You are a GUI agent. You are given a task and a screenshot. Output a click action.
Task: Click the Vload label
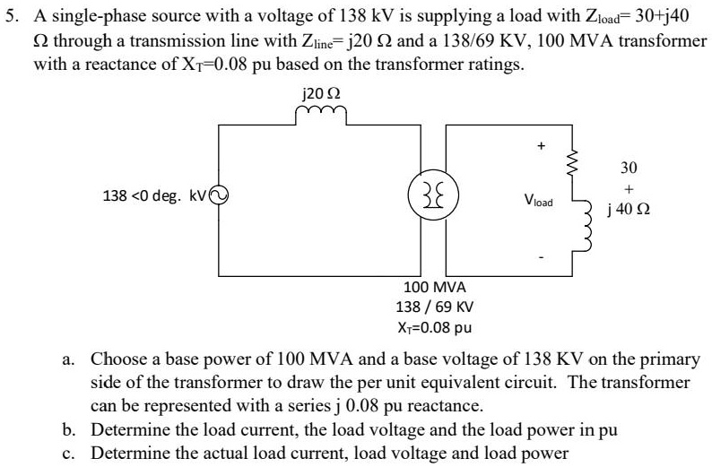tap(541, 203)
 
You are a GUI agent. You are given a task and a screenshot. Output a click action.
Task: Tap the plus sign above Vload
tap(540, 143)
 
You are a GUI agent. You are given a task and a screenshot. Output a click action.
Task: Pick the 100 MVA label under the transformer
tap(435, 289)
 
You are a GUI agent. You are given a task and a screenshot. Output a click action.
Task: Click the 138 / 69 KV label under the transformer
tap(435, 307)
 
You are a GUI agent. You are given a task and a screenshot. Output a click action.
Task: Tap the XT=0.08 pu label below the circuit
tap(435, 326)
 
